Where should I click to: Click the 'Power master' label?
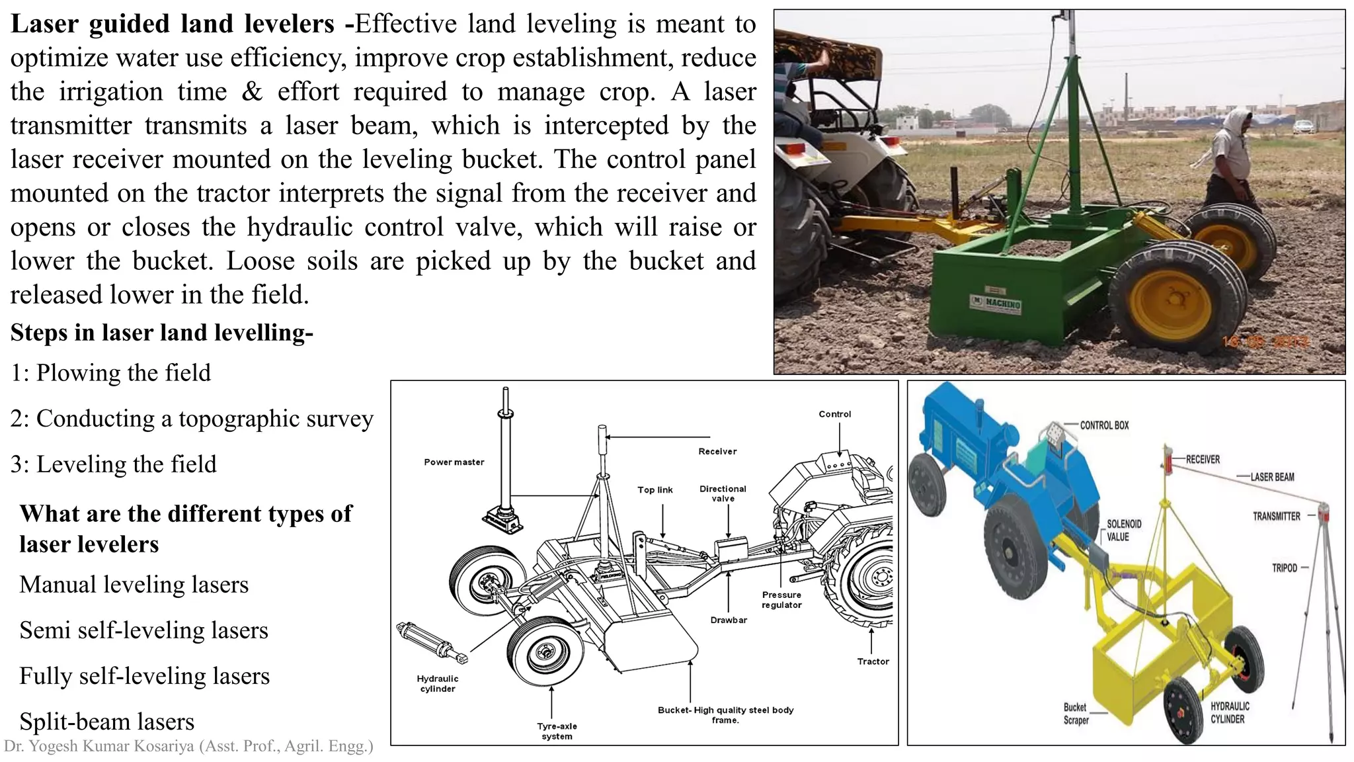point(454,462)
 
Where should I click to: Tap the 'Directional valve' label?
point(723,493)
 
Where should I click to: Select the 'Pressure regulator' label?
point(781,600)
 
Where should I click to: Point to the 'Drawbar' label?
point(729,620)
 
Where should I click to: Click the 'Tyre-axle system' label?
point(557,731)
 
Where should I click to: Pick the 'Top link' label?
point(655,490)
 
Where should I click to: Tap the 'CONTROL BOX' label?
point(1104,425)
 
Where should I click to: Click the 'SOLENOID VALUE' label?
point(1124,530)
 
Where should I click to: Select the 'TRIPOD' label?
point(1285,568)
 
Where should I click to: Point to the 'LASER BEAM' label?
point(1272,477)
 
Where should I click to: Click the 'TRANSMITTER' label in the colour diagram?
point(1276,516)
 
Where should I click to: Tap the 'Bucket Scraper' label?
point(1076,714)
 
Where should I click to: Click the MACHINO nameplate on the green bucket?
point(996,302)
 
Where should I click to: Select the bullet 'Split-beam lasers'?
point(107,721)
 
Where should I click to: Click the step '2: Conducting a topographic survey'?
point(192,419)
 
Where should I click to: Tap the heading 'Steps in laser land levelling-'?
point(161,332)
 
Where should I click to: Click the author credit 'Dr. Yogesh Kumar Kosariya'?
point(188,747)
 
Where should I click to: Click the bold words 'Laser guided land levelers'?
point(173,24)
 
